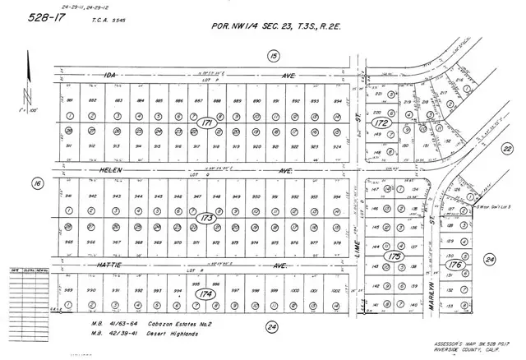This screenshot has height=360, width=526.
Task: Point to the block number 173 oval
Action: pos(207,219)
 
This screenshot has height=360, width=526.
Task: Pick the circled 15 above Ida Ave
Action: pos(273,55)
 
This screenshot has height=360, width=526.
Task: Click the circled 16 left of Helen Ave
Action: pos(37,184)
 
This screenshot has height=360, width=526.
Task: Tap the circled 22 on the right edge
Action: pos(507,148)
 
